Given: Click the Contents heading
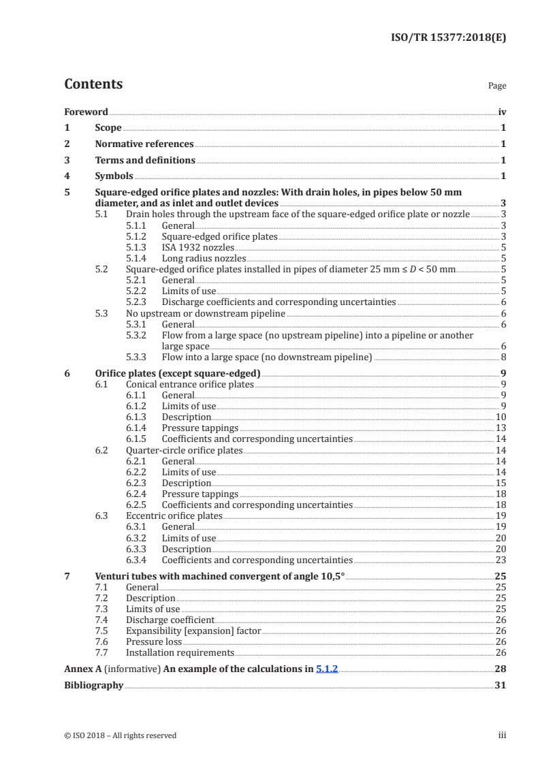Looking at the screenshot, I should (x=93, y=84).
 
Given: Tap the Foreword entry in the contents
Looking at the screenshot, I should (x=86, y=112).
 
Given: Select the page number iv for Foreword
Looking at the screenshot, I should (x=502, y=112).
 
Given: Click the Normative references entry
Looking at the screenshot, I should (x=144, y=144).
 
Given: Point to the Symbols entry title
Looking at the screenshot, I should (x=114, y=176).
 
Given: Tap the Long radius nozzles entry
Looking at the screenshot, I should (x=204, y=259).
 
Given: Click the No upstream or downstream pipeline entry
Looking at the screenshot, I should (x=206, y=313).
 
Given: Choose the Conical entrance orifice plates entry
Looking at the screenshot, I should (x=189, y=384).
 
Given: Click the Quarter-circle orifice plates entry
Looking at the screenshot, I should (x=184, y=450).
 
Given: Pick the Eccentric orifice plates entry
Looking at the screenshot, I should (x=174, y=516).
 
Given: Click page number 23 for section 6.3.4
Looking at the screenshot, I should (x=501, y=560).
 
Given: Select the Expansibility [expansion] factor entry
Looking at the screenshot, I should (x=193, y=631).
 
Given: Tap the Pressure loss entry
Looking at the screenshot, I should (x=154, y=641).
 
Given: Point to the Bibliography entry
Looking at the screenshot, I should (x=93, y=685).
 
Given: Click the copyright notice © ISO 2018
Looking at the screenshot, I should (x=120, y=735).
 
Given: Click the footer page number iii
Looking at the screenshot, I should (x=502, y=735).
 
